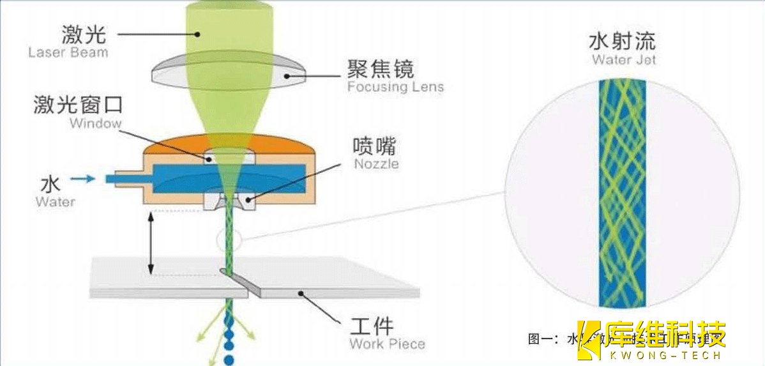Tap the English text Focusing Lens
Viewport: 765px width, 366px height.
tap(395, 87)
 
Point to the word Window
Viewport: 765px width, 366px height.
tap(95, 123)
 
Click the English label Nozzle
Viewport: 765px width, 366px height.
tap(376, 164)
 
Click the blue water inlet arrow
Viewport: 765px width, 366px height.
tap(81, 180)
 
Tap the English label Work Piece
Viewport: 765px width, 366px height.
tap(387, 344)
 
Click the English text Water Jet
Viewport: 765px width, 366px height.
tap(623, 60)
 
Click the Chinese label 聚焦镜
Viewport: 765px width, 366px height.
tap(381, 69)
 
